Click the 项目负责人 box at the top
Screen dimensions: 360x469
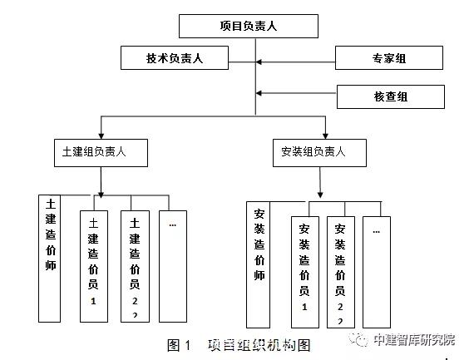[x=248, y=27]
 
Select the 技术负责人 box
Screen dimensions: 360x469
[x=175, y=58]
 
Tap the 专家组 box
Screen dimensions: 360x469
[x=389, y=59]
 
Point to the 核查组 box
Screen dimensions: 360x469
[x=390, y=96]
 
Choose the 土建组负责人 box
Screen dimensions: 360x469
[x=99, y=152]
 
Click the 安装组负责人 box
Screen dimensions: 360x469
[x=319, y=153]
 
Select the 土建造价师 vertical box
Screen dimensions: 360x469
[x=50, y=257]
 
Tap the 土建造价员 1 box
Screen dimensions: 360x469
[x=93, y=265]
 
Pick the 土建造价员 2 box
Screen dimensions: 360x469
[x=135, y=265]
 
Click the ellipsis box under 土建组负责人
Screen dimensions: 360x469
[x=172, y=265]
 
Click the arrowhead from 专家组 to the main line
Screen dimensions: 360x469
[x=259, y=60]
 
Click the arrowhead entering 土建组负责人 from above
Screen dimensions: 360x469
[x=100, y=134]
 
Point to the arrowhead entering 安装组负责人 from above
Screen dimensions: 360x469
[x=325, y=134]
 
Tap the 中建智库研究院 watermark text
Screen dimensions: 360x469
[x=414, y=339]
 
